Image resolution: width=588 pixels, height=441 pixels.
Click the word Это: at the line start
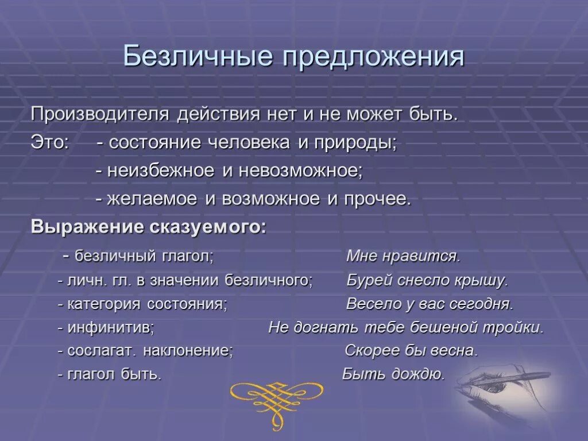[x=49, y=143]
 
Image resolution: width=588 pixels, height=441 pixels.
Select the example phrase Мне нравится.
[x=403, y=256]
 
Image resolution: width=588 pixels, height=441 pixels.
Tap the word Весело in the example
[x=371, y=304]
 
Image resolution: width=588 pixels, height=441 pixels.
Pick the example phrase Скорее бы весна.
[x=411, y=351]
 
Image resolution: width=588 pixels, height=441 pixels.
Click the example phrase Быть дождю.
[x=393, y=375]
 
